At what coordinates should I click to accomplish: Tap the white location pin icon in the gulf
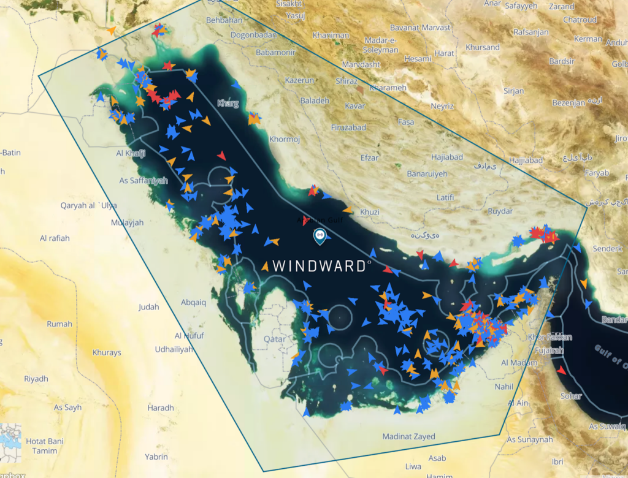coord(319,236)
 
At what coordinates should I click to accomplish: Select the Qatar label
coord(275,338)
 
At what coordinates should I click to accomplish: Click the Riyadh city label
coord(36,379)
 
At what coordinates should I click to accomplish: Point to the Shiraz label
coord(347,81)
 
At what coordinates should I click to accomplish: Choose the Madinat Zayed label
coord(408,436)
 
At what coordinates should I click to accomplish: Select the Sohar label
coord(571,396)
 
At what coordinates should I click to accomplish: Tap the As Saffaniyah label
coord(144,181)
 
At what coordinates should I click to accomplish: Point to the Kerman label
coord(588,39)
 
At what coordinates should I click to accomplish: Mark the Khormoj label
coord(285,139)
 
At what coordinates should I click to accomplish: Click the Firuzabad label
coord(348,127)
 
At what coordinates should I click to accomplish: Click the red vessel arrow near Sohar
coord(562,371)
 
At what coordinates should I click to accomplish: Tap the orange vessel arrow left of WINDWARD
coord(265,266)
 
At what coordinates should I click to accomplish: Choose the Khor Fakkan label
coord(550,337)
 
